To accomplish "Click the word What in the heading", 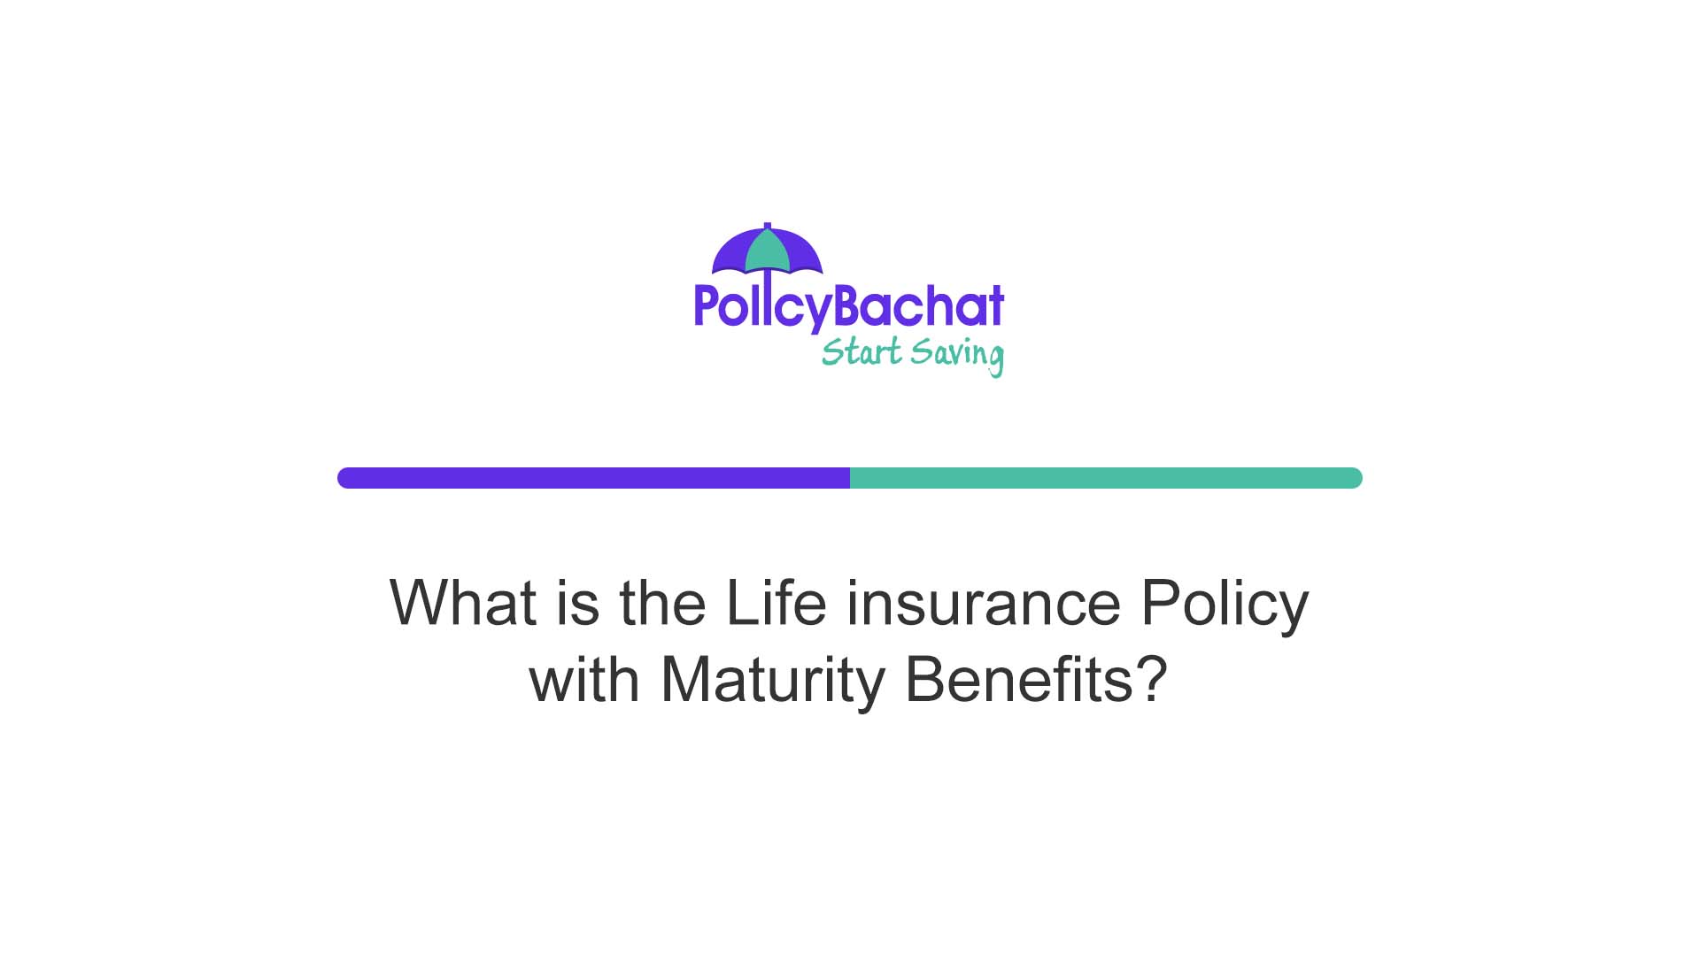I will click(x=462, y=604).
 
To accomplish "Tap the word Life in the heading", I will click(x=776, y=604).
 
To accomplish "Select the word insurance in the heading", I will click(x=984, y=604).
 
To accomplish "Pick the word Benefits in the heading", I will click(x=1017, y=680).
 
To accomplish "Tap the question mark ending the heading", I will click(x=1150, y=680).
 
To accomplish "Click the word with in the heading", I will click(x=583, y=680).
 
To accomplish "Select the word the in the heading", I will click(x=662, y=604).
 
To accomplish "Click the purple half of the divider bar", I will click(x=593, y=478).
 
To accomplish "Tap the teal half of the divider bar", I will click(x=1106, y=478).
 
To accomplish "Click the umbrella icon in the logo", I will click(x=767, y=251).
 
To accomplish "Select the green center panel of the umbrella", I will click(x=767, y=252).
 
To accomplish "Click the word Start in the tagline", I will click(x=861, y=352).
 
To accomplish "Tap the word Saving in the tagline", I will click(x=957, y=355).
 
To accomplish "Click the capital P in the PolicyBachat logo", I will click(x=706, y=306).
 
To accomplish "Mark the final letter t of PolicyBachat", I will click(x=996, y=306).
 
